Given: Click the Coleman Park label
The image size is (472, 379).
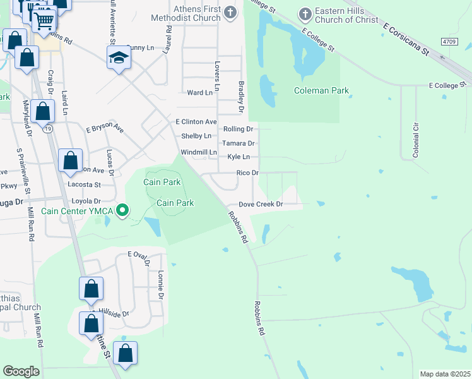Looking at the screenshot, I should point(321,91).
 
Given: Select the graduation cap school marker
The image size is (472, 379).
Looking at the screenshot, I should point(118,59).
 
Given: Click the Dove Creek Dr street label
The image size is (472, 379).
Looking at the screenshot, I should point(261,205).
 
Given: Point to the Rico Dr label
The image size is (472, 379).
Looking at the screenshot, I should point(247,172).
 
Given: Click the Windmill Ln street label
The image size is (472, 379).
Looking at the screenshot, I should point(199,153).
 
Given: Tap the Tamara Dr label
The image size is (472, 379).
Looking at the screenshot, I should point(238,144).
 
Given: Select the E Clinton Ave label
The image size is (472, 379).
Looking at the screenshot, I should point(196,121).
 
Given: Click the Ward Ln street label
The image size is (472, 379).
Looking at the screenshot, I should point(200,93).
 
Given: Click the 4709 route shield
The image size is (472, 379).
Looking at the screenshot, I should point(449,42).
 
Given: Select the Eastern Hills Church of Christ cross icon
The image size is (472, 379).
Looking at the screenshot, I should point(305,13).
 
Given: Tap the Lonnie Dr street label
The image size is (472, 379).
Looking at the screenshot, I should point(161,284).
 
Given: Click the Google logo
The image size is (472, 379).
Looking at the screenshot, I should point(21,371).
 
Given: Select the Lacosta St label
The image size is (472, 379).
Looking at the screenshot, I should point(84,184).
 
